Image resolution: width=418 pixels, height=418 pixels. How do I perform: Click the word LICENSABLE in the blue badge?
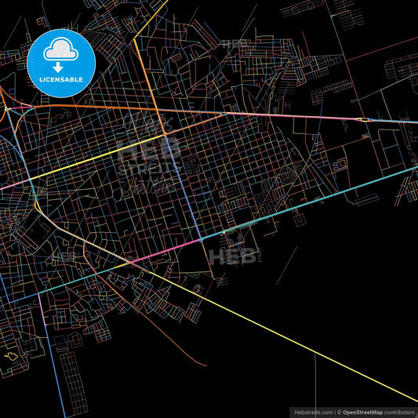click(60, 80)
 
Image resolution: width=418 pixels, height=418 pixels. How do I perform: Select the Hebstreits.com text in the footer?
click(311, 411)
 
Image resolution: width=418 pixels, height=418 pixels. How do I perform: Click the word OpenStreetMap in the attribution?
click(362, 411)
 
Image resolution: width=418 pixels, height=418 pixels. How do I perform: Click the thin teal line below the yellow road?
click(314, 376)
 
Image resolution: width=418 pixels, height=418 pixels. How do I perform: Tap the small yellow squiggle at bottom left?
click(11, 356)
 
